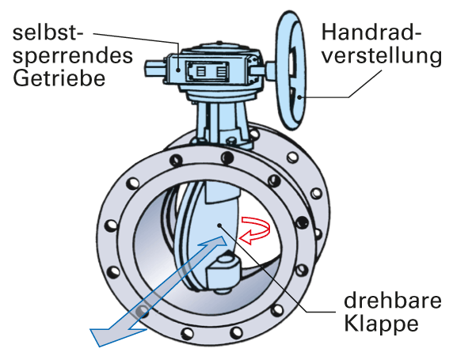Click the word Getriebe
click(x=59, y=78)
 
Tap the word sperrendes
click(x=73, y=56)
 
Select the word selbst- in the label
click(x=48, y=32)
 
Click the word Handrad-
click(x=371, y=32)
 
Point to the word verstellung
click(x=382, y=55)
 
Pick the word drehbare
click(x=393, y=301)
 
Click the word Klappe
click(x=381, y=324)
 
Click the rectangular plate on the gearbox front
click(x=207, y=71)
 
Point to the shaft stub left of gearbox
click(x=155, y=69)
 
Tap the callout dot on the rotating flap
click(x=219, y=225)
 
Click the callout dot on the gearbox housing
click(x=179, y=70)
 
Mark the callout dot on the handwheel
click(x=300, y=97)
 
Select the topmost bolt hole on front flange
click(x=227, y=157)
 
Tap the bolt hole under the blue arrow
click(x=143, y=311)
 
